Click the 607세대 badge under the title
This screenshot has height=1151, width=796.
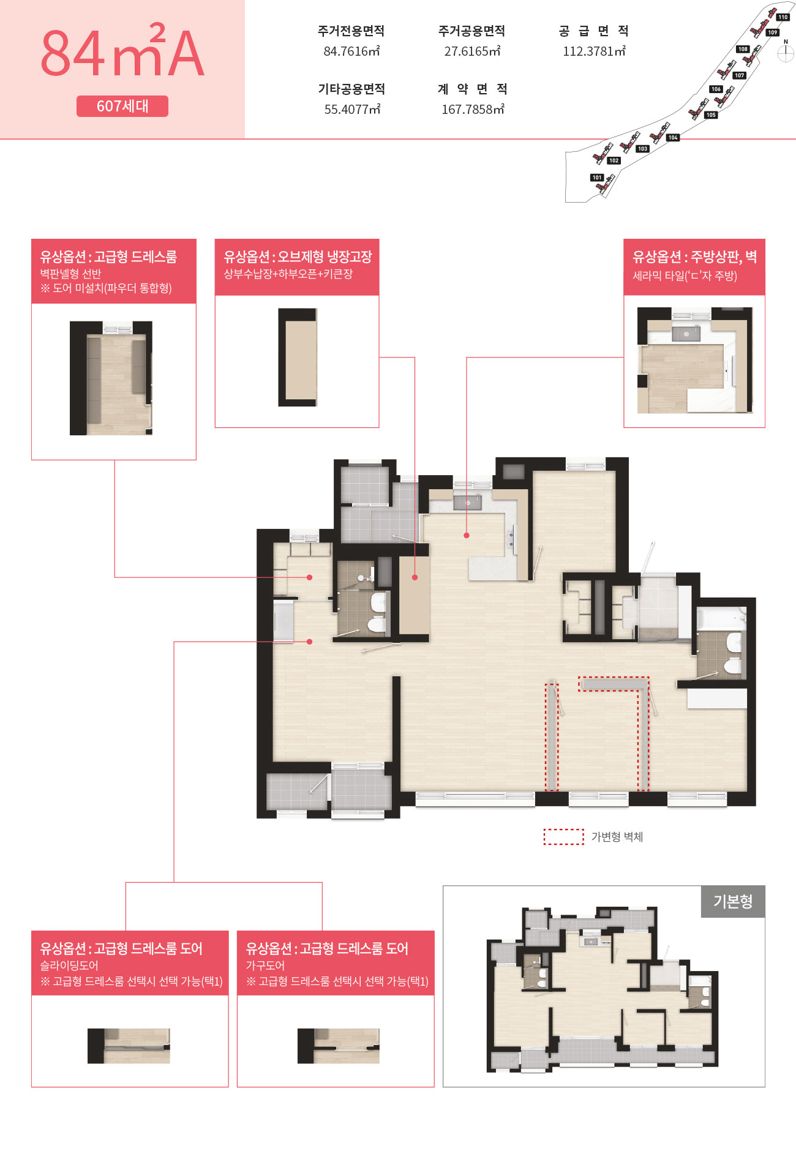click(x=122, y=106)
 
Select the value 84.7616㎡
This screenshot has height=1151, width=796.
click(x=351, y=51)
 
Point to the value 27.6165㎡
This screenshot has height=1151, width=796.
click(x=472, y=51)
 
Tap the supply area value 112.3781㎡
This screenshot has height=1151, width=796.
click(x=594, y=51)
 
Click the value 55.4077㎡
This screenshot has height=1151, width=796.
click(x=352, y=110)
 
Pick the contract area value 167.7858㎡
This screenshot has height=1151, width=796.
click(x=473, y=110)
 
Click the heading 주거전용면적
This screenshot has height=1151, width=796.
click(x=351, y=31)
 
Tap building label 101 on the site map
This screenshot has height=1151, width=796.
click(x=597, y=178)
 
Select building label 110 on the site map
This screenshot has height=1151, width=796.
click(x=783, y=17)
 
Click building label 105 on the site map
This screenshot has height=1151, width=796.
click(x=710, y=115)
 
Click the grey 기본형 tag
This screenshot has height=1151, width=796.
click(x=733, y=901)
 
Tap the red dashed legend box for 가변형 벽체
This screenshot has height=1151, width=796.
click(x=563, y=837)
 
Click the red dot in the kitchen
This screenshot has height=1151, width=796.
click(x=467, y=535)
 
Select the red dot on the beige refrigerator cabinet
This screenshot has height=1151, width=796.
click(x=415, y=577)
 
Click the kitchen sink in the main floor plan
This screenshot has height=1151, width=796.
click(x=467, y=503)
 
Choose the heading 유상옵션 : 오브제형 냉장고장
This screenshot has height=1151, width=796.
click(x=298, y=257)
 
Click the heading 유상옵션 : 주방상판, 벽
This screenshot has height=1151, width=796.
click(x=694, y=257)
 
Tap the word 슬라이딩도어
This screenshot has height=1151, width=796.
click(x=69, y=965)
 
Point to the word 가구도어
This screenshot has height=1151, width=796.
click(x=265, y=965)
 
